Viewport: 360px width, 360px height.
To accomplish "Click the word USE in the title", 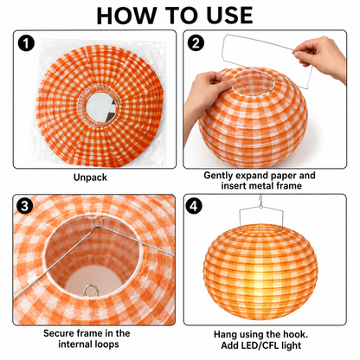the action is tap(229, 16).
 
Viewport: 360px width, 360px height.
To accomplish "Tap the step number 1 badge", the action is tap(26, 43).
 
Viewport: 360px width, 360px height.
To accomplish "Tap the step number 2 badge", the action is tap(196, 43).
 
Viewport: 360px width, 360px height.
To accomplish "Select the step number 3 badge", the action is tap(25, 206).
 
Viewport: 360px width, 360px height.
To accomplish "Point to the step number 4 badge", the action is tap(194, 206).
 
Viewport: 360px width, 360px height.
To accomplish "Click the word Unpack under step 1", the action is tap(90, 177).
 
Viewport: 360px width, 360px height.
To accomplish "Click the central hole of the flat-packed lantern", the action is tap(100, 106).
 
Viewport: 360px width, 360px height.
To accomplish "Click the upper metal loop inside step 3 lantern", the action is tap(97, 222).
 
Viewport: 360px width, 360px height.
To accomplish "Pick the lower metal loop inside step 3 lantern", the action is tap(91, 290).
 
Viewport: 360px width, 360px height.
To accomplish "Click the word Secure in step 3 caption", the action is tap(59, 333).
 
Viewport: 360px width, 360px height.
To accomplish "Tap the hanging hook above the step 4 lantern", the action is tap(260, 202).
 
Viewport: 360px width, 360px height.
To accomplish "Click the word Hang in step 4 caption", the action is tap(226, 335).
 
